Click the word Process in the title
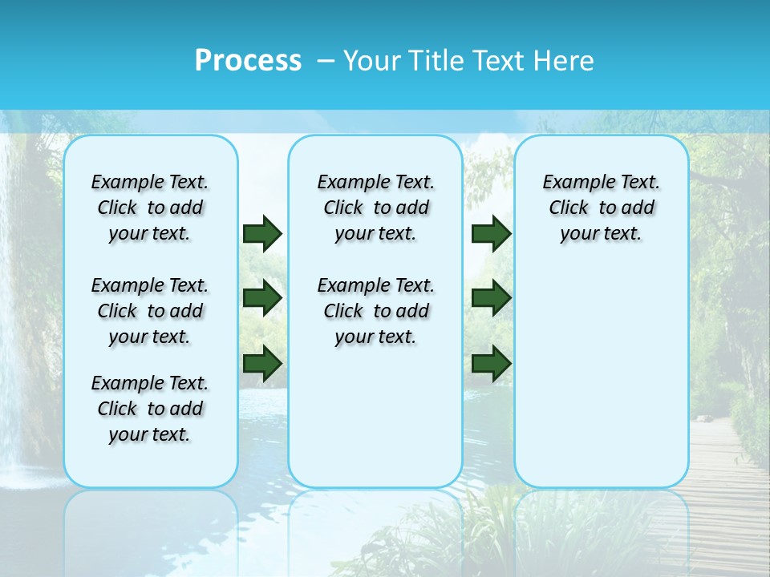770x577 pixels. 248,60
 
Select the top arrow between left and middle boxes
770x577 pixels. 262,233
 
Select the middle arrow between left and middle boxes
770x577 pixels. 262,298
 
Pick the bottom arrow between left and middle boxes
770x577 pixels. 262,362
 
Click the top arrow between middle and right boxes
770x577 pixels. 491,233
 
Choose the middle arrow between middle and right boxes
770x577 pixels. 491,298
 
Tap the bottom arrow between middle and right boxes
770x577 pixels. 491,362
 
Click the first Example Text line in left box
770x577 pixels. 150,182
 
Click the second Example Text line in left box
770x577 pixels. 150,285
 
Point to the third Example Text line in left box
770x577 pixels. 150,383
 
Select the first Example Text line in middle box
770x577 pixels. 375,182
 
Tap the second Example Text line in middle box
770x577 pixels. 375,285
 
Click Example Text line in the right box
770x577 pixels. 602,182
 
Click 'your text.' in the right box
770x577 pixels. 602,234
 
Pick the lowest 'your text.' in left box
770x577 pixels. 150,435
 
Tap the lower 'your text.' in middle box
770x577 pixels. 375,337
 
